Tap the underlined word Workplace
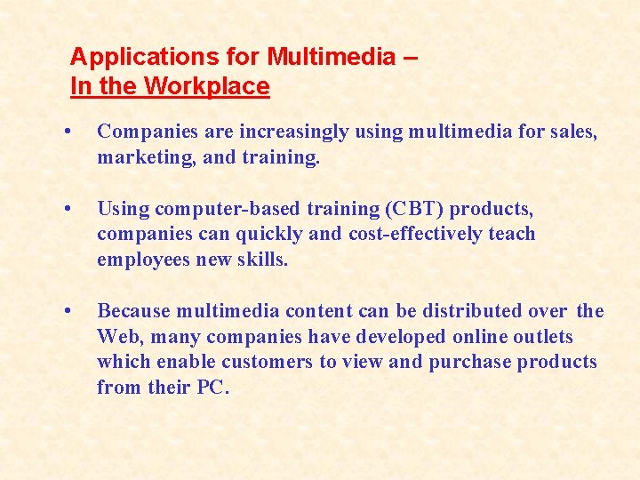click(x=206, y=86)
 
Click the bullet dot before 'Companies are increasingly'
click(x=68, y=132)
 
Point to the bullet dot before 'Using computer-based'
click(x=68, y=209)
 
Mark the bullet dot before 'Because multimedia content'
click(x=68, y=311)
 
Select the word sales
click(x=572, y=132)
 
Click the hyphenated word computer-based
click(x=222, y=209)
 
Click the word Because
click(x=133, y=311)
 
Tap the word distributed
click(x=466, y=311)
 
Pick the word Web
click(x=116, y=337)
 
